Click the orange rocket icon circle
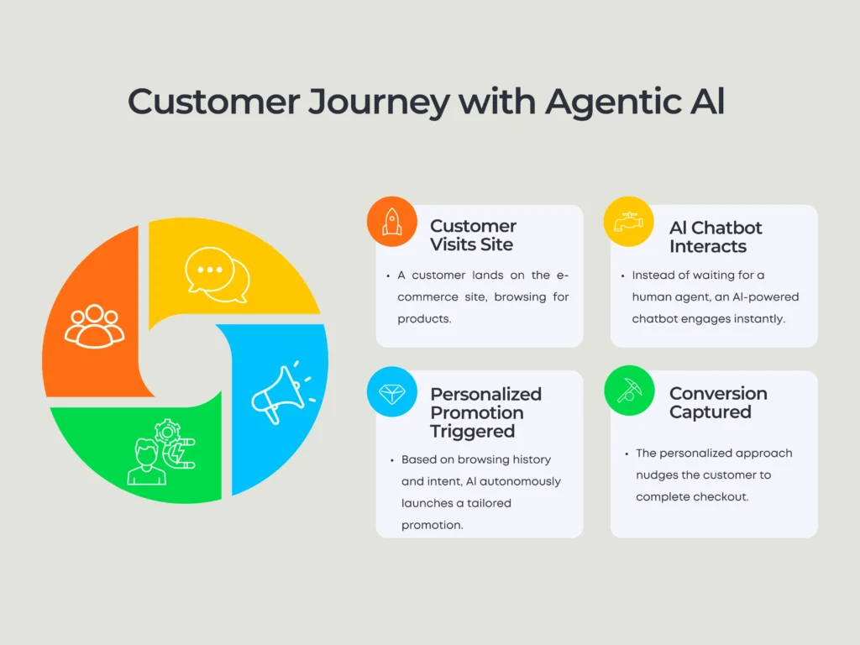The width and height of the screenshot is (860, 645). coord(392,222)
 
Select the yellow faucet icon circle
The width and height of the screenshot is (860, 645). coord(628,222)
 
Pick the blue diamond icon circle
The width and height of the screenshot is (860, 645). coord(392,391)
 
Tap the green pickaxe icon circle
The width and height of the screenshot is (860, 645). coord(629,391)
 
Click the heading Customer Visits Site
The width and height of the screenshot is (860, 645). coord(474,235)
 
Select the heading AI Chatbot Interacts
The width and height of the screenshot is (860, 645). coord(716,237)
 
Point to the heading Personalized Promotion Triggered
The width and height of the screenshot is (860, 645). coord(486,412)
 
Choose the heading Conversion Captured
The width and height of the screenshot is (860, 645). coord(719,402)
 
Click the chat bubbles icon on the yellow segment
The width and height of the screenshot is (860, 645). coord(218,275)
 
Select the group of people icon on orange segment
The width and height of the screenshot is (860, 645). coord(94,327)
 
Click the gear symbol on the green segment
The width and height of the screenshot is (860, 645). coord(167,433)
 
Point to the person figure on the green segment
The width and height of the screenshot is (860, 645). coord(146,462)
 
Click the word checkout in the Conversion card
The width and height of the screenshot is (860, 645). coord(726,497)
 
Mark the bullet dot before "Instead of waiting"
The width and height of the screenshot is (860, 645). coord(622,275)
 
